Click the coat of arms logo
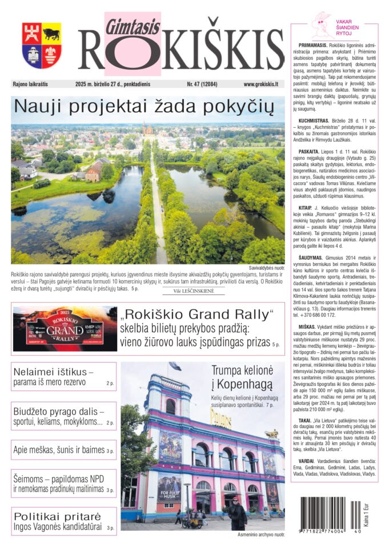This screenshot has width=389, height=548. pyautogui.click(x=42, y=46)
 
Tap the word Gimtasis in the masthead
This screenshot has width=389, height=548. pyautogui.click(x=125, y=23)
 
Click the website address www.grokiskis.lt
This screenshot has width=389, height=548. pyautogui.click(x=260, y=84)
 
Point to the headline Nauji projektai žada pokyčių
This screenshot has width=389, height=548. pyautogui.click(x=145, y=106)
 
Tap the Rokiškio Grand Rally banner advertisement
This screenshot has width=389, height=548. pyautogui.click(x=65, y=329)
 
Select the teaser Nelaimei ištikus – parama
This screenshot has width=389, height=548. pyautogui.click(x=63, y=377)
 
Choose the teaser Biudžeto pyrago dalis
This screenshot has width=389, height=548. pyautogui.click(x=63, y=417)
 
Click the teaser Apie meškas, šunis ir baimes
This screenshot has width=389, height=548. pyautogui.click(x=63, y=450)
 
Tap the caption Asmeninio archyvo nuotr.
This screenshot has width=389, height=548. pyautogui.click(x=261, y=535)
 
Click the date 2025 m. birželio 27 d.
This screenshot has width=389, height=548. pyautogui.click(x=113, y=84)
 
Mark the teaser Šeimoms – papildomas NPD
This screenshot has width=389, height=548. pyautogui.click(x=63, y=483)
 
